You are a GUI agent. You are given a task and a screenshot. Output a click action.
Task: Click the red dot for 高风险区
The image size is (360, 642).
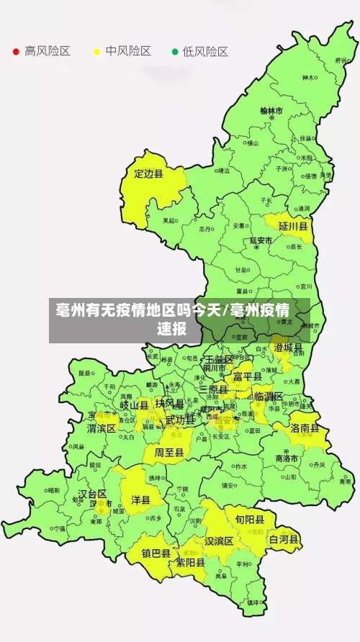16,52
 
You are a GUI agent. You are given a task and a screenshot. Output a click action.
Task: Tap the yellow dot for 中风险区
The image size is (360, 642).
96,52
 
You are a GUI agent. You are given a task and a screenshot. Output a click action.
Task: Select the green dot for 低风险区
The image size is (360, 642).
174,52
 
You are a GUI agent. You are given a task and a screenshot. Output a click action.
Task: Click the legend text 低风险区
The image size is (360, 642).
204,52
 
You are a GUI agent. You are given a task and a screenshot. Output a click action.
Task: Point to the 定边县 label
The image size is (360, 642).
149,173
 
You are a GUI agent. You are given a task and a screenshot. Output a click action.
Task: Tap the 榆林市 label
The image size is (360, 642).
271,111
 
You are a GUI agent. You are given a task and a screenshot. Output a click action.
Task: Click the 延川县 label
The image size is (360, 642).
293,226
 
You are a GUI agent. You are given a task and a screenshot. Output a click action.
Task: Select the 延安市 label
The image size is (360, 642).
261,240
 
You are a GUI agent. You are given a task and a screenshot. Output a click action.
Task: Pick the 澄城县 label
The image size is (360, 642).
288,348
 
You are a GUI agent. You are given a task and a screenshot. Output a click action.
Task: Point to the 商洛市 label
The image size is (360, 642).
287,458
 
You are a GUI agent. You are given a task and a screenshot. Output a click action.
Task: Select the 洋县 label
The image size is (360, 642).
140,499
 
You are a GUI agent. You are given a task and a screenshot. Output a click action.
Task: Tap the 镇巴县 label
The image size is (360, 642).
156,553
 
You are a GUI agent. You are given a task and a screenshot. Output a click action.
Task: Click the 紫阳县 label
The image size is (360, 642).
190,563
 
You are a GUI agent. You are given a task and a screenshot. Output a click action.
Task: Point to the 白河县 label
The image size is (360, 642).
284,538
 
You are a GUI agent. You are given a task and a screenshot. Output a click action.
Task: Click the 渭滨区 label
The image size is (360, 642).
102,428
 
